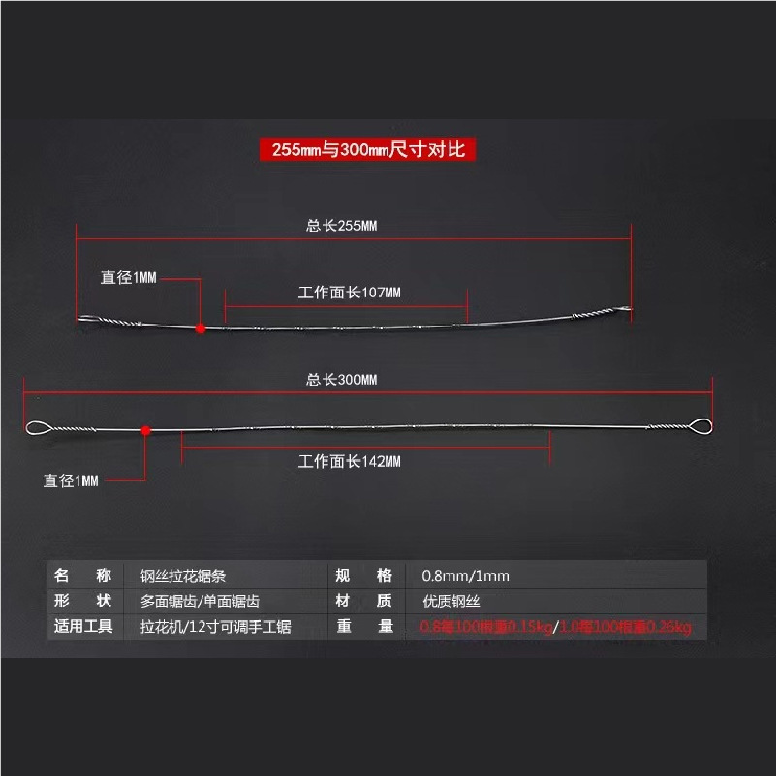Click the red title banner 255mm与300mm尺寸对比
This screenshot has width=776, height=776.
click(x=367, y=149)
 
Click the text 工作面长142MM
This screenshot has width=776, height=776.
click(x=349, y=461)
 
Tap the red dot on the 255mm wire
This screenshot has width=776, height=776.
click(x=201, y=328)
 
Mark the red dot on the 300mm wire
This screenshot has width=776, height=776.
click(x=145, y=429)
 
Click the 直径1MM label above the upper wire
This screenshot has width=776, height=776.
click(x=129, y=278)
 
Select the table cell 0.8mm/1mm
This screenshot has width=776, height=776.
click(x=464, y=576)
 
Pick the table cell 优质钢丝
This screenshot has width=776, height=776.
click(x=450, y=602)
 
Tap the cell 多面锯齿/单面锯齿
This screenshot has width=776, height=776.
click(x=200, y=602)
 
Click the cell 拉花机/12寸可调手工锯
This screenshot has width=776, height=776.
click(x=215, y=627)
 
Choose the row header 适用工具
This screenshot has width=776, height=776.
click(x=84, y=627)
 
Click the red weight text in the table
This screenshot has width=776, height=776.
click(x=556, y=628)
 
